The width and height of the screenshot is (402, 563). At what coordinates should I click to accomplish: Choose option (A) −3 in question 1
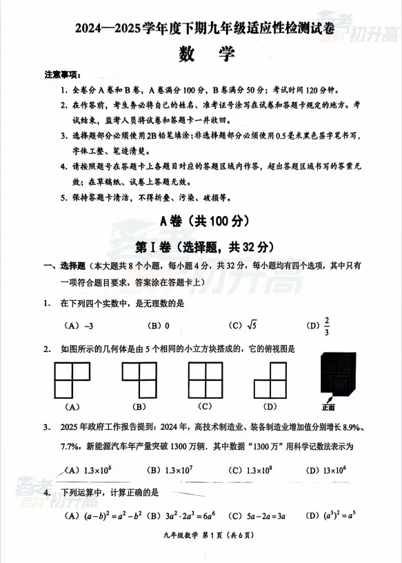(x=79, y=325)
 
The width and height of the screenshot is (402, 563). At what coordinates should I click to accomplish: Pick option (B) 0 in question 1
(x=159, y=325)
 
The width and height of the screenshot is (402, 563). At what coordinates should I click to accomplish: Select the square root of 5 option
(x=243, y=325)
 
